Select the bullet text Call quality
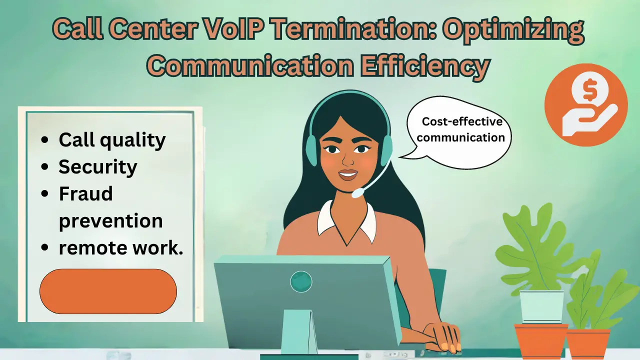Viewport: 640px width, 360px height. click(x=112, y=140)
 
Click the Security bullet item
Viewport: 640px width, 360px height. click(x=98, y=167)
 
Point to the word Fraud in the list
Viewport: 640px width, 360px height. click(x=85, y=194)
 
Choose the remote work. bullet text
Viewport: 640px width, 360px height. click(x=121, y=248)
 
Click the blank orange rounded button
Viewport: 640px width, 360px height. click(x=108, y=291)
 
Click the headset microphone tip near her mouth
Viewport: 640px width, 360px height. click(x=356, y=193)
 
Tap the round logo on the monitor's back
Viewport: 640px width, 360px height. click(x=301, y=281)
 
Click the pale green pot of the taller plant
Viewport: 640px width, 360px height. click(x=541, y=306)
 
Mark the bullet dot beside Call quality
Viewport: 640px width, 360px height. click(x=45, y=140)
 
